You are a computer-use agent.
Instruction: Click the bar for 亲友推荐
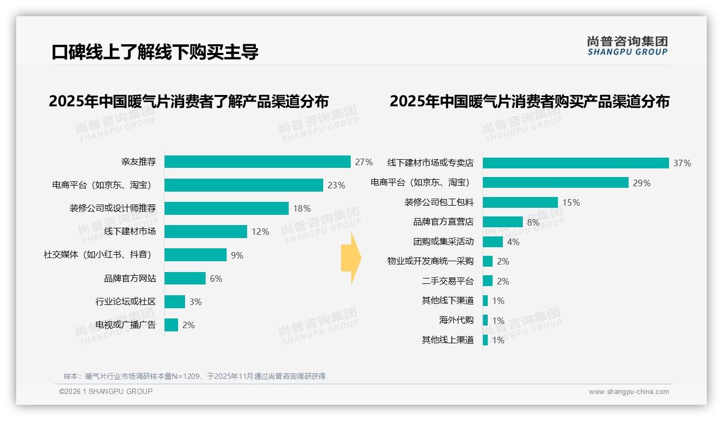(257, 162)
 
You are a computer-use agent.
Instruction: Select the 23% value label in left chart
(336, 185)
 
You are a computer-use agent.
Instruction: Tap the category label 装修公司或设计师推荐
(113, 208)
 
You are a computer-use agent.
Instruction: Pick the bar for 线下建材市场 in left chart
(206, 232)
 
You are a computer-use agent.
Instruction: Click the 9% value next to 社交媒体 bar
(237, 255)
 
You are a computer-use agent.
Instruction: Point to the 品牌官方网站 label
(130, 279)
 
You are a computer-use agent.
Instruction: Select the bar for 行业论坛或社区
(175, 302)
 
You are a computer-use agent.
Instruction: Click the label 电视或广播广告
(126, 325)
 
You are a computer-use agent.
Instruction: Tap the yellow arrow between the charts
(351, 258)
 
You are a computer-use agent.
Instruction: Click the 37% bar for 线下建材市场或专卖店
(576, 163)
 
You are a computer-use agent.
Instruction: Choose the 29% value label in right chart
(642, 183)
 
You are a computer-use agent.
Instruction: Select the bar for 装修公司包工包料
(520, 202)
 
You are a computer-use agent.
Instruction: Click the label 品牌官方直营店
(444, 222)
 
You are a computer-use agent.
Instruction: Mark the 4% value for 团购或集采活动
(513, 242)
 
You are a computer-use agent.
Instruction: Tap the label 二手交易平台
(448, 281)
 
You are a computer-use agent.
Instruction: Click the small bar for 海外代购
(485, 320)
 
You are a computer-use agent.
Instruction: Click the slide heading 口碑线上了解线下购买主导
(155, 52)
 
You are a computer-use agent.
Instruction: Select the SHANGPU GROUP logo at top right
(627, 46)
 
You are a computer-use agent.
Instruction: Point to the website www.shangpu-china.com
(629, 392)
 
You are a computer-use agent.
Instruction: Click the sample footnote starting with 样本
(194, 376)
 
